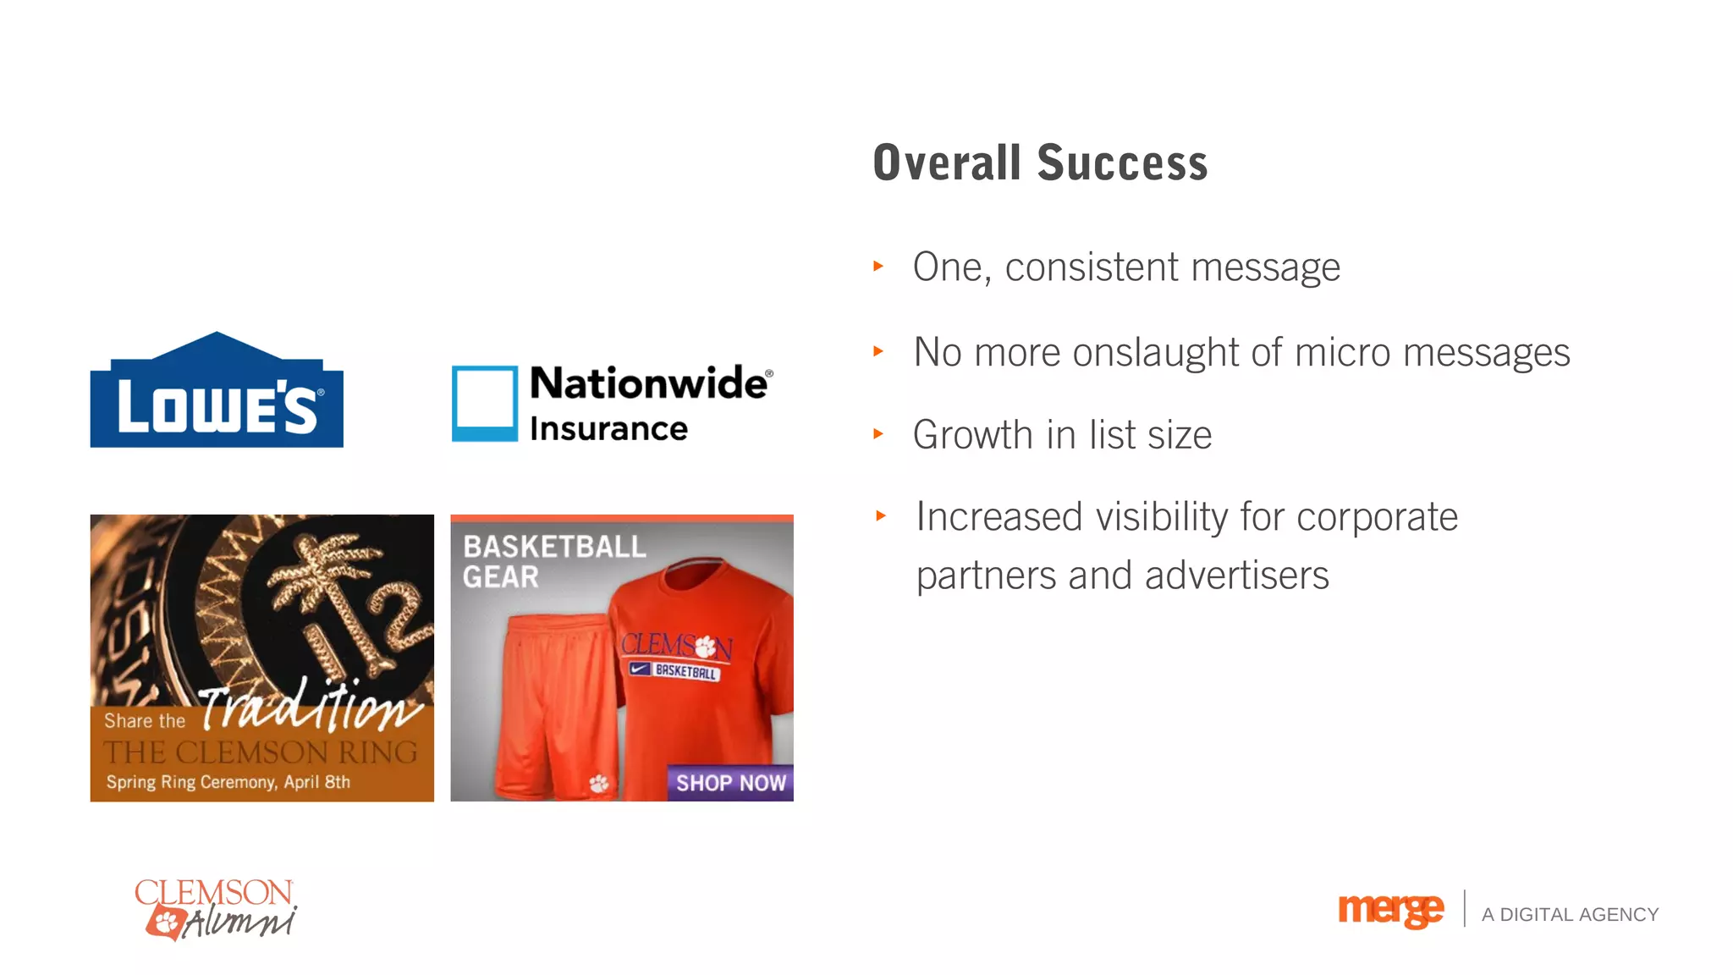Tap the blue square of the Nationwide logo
[x=484, y=403]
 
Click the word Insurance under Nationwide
[x=608, y=429]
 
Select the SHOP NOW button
[x=730, y=783]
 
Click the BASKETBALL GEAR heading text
[x=553, y=561]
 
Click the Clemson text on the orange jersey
[x=676, y=647]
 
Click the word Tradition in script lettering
[x=309, y=707]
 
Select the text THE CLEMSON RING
[x=261, y=752]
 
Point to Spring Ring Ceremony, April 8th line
[x=228, y=782]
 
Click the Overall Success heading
[x=1040, y=163]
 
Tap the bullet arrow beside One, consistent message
[x=878, y=267]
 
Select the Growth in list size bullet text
[x=1062, y=435]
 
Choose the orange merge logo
[x=1390, y=911]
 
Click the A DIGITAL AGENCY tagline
[x=1570, y=915]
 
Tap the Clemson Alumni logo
[x=216, y=909]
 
